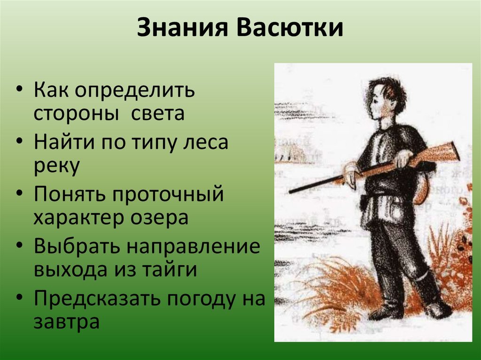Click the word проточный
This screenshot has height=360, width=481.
pos(168,195)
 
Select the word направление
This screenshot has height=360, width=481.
pos(194,246)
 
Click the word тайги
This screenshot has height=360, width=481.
pos(170,270)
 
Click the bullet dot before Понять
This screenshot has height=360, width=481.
pos(19,194)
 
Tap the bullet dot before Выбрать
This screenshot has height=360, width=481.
pos(19,246)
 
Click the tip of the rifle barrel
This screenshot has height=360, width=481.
pos(289,192)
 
